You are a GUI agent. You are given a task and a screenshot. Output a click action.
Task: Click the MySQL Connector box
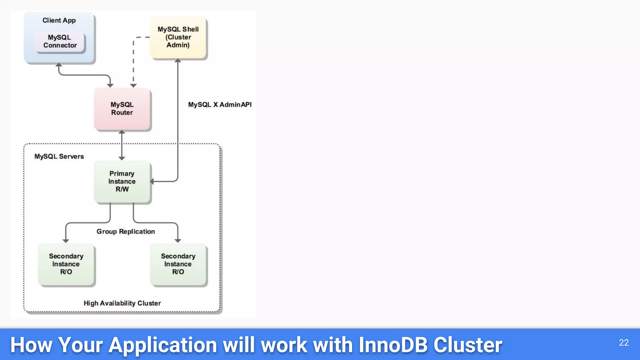coord(60,42)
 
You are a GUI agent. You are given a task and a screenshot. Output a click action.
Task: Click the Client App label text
coord(59,21)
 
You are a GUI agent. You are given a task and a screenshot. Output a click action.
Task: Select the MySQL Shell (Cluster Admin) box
coord(178,37)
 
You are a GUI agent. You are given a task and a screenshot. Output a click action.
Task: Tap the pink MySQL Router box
coord(122,109)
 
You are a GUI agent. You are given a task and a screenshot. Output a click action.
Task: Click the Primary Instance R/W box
coord(122,182)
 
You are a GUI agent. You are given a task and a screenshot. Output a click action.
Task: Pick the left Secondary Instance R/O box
coord(66,264)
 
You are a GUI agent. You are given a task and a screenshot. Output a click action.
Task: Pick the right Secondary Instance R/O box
coord(178,264)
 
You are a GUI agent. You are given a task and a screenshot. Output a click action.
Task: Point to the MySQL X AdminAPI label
coord(220,105)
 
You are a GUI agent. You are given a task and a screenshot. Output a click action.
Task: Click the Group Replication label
coord(126,232)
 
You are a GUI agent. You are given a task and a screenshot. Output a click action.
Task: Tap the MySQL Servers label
coord(59,157)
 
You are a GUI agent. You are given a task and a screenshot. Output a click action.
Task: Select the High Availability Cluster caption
coord(122,303)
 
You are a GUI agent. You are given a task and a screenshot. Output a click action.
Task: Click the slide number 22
coord(624,343)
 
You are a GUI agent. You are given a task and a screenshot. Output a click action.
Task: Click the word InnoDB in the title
coord(393,345)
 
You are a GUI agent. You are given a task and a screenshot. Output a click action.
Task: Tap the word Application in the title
coord(162,345)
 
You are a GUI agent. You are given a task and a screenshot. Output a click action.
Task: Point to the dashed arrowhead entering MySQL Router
coord(133,85)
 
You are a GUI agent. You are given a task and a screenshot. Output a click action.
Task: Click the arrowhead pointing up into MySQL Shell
coord(178,61)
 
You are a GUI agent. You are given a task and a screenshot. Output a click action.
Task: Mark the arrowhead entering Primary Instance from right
coord(152,181)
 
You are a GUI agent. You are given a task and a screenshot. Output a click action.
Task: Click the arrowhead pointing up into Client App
coord(59,65)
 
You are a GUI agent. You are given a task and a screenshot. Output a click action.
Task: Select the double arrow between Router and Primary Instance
coord(122,145)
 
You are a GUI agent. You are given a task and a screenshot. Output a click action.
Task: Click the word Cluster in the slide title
coord(467,345)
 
